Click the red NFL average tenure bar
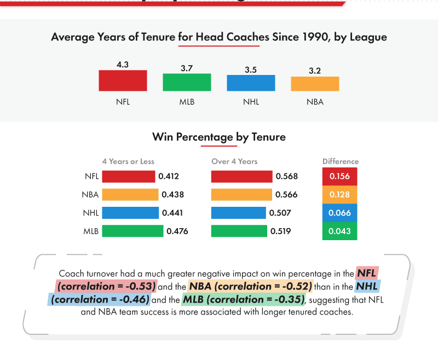123,80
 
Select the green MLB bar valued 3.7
187,82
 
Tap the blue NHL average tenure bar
251,83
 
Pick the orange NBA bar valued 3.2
315,84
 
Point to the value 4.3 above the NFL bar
123,65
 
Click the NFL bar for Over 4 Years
241,176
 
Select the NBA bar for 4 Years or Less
130,194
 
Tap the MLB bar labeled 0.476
132,231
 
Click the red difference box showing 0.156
339,176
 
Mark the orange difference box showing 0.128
339,195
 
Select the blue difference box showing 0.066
339,213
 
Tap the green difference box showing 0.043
339,231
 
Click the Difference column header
340,161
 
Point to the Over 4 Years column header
234,161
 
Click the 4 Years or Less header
128,161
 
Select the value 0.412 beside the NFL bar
169,176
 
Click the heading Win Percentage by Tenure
219,137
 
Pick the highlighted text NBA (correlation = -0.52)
251,286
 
